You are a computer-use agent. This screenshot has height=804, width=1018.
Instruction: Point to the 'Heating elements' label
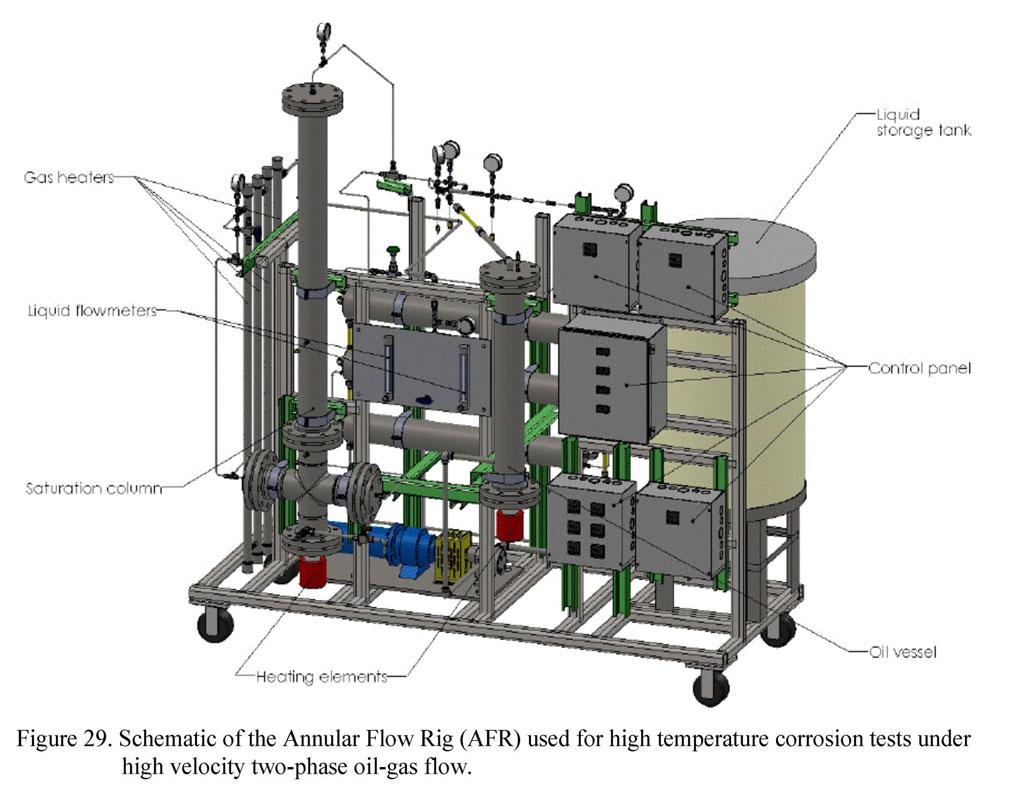(308, 677)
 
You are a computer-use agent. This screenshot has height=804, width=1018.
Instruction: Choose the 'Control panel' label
(919, 368)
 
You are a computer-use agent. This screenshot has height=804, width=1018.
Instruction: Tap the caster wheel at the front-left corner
(215, 624)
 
